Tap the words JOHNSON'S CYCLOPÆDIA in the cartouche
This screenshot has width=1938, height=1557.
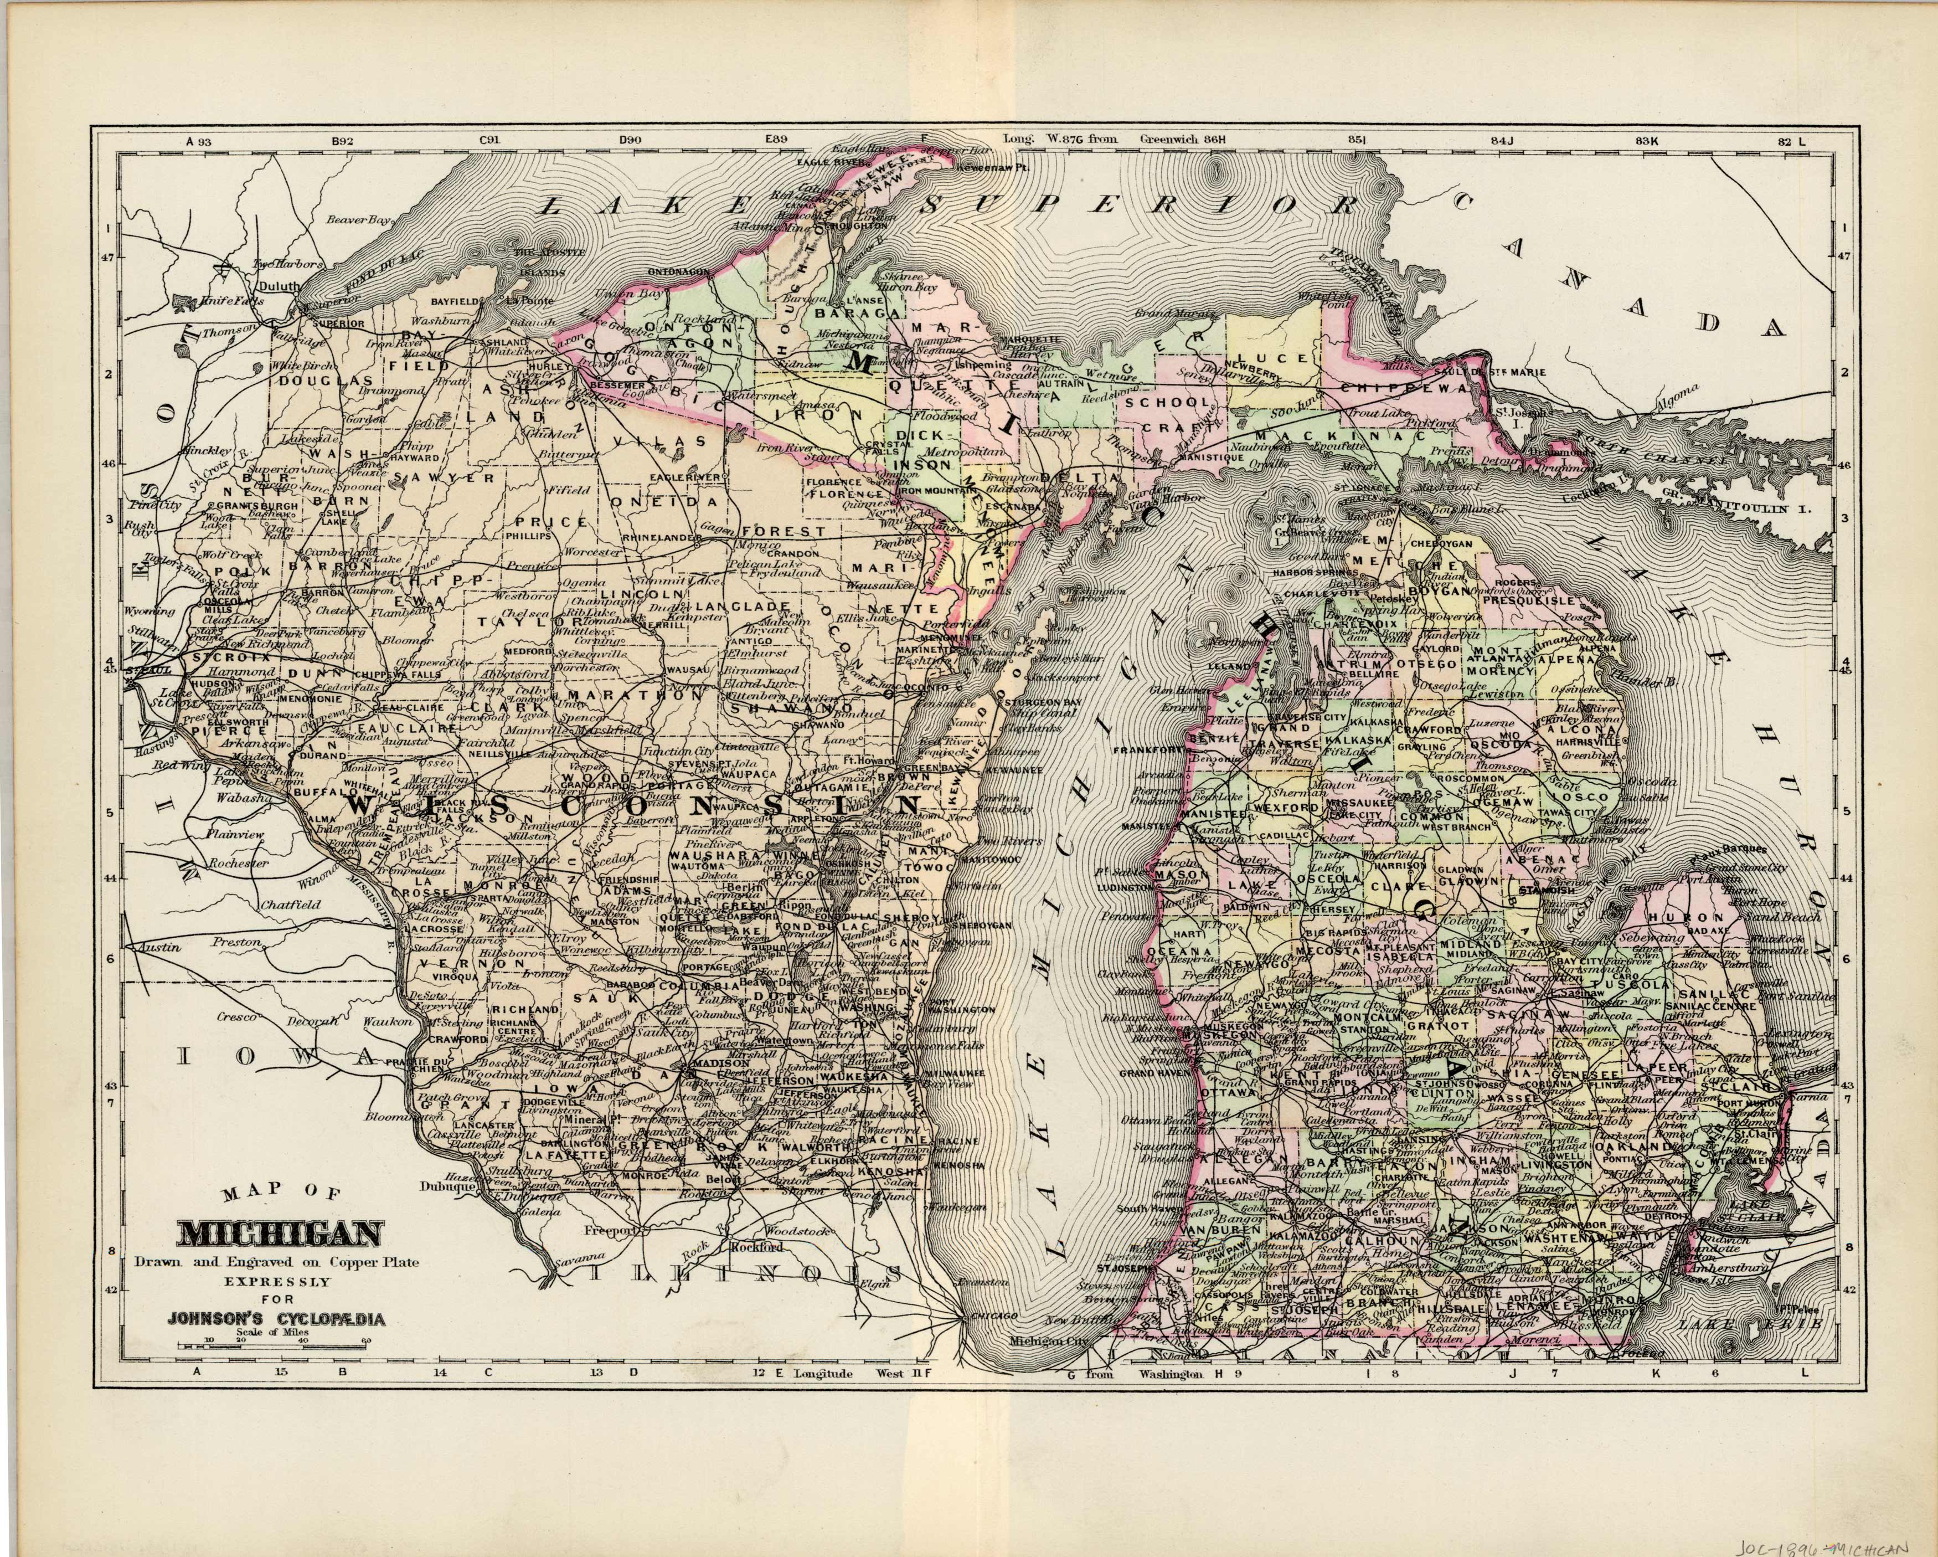point(276,1320)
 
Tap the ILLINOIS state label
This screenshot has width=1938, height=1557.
point(745,1274)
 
